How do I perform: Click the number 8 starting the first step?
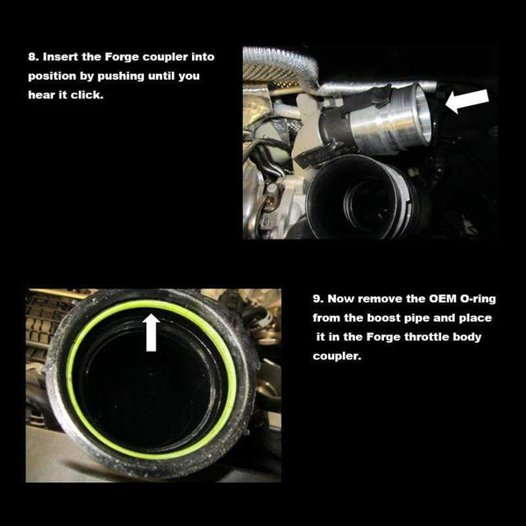32,56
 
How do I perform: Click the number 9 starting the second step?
316,299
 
